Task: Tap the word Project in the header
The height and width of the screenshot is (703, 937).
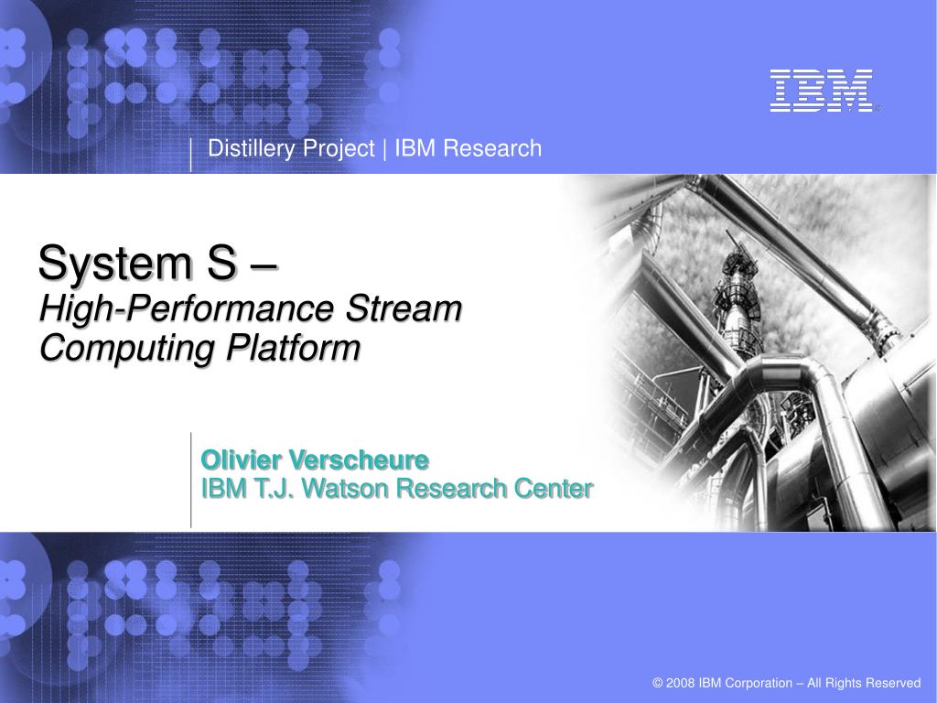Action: pos(339,148)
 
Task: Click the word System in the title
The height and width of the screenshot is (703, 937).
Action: pos(115,263)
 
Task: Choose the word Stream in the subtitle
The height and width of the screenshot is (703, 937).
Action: pos(404,308)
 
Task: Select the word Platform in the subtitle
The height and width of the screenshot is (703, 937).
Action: pos(294,347)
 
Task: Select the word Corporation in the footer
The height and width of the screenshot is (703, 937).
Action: pos(759,683)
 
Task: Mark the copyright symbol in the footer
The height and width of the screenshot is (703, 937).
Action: pos(657,683)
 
